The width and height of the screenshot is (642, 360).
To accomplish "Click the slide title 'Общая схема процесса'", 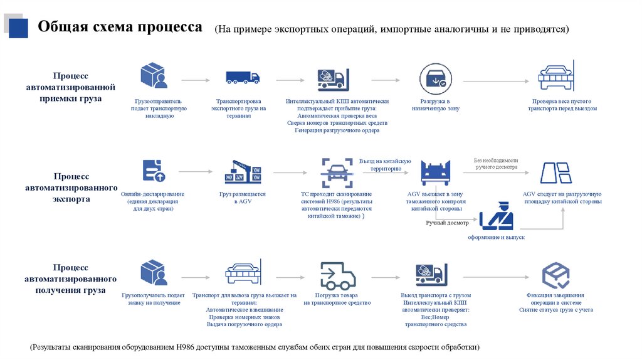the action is coord(120,28).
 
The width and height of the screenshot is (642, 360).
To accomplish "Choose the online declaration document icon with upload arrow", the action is coord(153,171).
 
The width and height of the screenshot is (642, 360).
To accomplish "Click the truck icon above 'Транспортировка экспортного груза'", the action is coord(242,77).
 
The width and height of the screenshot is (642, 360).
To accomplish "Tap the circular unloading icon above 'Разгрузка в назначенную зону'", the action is coord(436,78).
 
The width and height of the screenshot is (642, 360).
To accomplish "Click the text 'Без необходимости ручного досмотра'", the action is coord(495,164).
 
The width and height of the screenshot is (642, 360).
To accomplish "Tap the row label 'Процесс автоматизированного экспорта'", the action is coord(71,188).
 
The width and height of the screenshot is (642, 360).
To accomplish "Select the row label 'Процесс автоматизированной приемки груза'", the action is coord(71,87).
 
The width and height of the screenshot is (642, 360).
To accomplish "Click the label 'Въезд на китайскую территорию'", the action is coord(385,165).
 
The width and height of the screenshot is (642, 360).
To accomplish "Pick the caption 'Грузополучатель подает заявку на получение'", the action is coord(153,299).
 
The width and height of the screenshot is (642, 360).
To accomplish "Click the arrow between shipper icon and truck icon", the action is coord(196,80).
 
